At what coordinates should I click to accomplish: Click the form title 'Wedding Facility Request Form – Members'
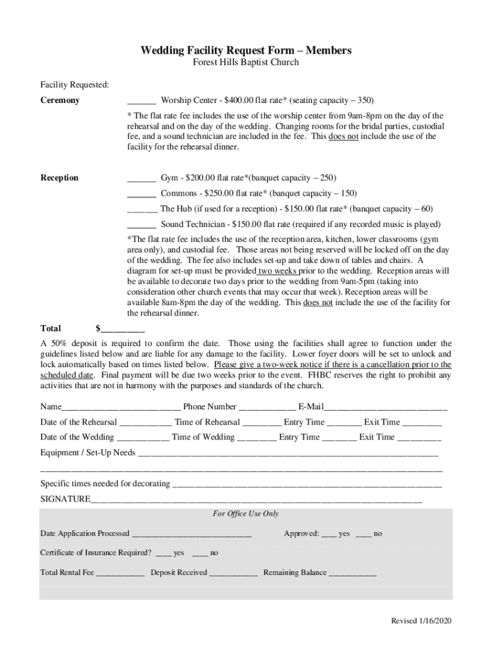pyautogui.click(x=246, y=51)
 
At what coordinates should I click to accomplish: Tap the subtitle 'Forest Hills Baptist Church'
pyautogui.click(x=246, y=63)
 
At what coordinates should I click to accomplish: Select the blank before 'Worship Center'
pyautogui.click(x=142, y=102)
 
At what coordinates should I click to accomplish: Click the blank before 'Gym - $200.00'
pyautogui.click(x=142, y=178)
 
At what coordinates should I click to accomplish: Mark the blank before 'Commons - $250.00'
pyautogui.click(x=142, y=194)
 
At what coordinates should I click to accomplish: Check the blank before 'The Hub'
pyautogui.click(x=142, y=210)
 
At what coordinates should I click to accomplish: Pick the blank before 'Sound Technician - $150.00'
pyautogui.click(x=142, y=226)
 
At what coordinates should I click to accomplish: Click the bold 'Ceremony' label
pyautogui.click(x=60, y=100)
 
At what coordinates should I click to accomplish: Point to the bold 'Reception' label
pyautogui.click(x=59, y=178)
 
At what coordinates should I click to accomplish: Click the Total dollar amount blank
pyautogui.click(x=123, y=329)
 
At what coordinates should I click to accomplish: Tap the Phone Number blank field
pyautogui.click(x=267, y=407)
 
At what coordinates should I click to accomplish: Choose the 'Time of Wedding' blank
pyautogui.click(x=257, y=438)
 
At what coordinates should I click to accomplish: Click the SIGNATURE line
pyautogui.click(x=256, y=500)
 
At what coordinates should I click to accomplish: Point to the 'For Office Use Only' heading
pyautogui.click(x=246, y=514)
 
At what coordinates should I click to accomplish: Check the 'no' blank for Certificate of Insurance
pyautogui.click(x=200, y=553)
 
